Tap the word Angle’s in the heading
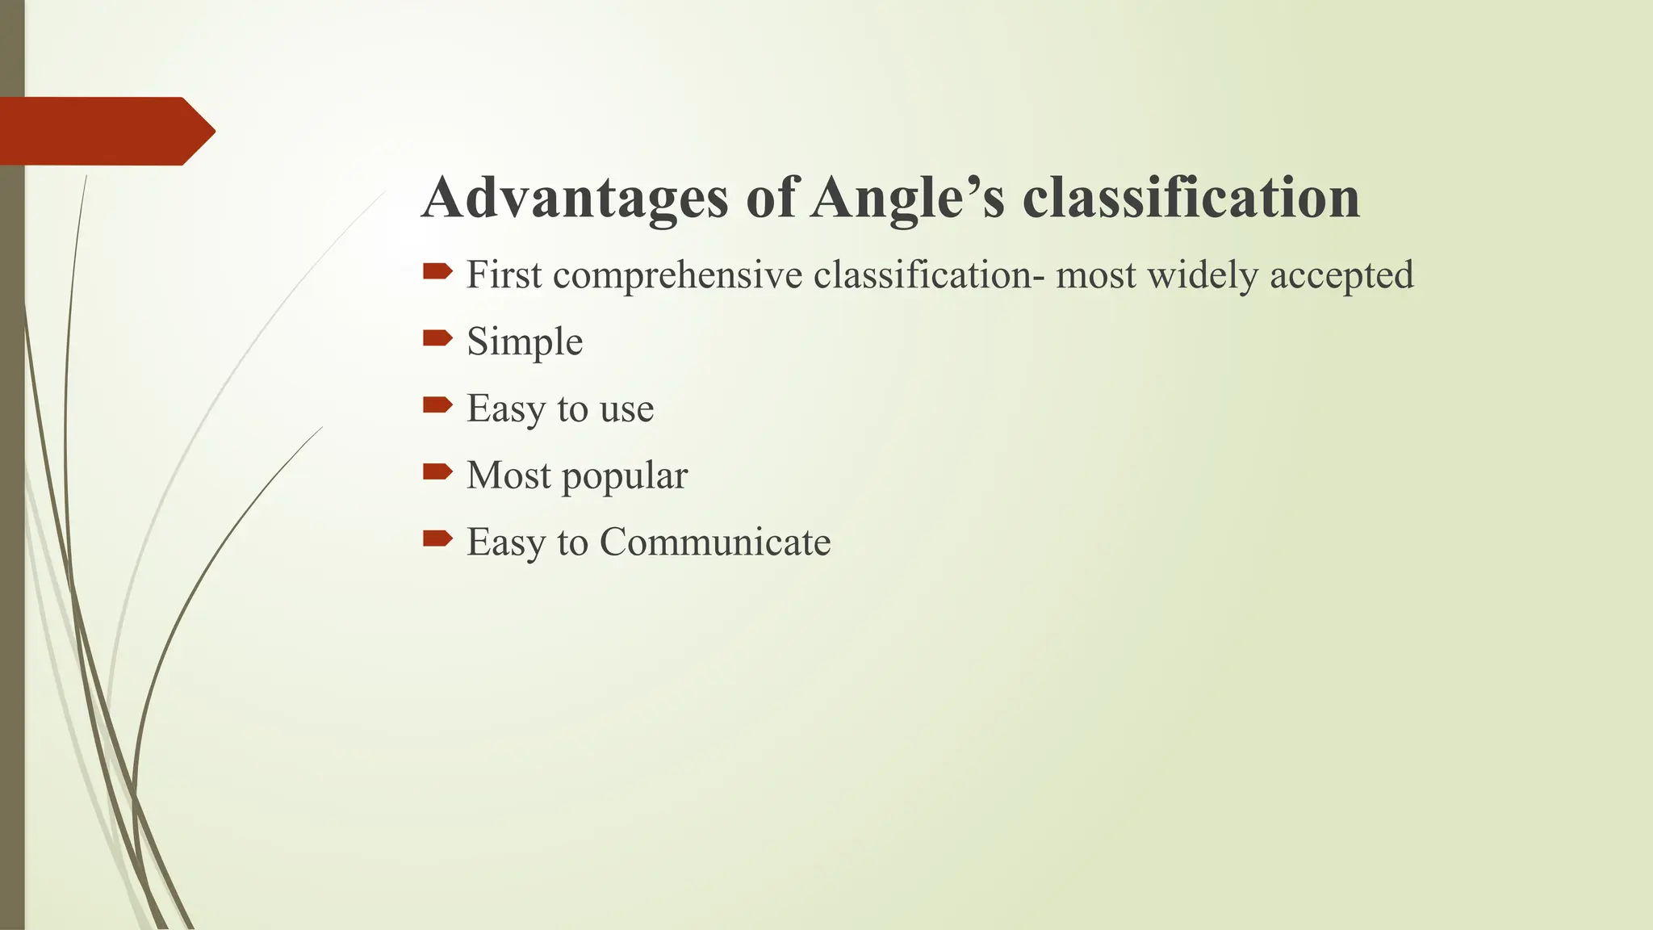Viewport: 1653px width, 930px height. point(907,199)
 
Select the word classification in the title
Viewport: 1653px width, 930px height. point(1191,199)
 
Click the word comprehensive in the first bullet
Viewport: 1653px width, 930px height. point(678,276)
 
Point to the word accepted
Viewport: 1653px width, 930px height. point(1341,276)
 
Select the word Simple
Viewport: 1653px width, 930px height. point(525,342)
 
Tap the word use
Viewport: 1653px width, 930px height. point(626,408)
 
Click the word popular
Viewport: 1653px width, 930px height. point(625,476)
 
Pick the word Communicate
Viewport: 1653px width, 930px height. point(714,542)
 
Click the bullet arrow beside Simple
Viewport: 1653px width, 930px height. point(437,337)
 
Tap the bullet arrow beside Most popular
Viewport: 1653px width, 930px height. point(437,471)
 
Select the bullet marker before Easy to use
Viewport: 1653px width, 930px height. point(437,404)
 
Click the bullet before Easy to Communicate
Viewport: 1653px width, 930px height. point(437,538)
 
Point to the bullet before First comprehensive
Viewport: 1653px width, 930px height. point(437,271)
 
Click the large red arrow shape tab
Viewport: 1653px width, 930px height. point(105,131)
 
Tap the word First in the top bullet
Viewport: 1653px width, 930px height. point(504,275)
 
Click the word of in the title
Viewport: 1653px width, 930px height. point(772,199)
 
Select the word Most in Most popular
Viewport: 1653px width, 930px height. point(508,475)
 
